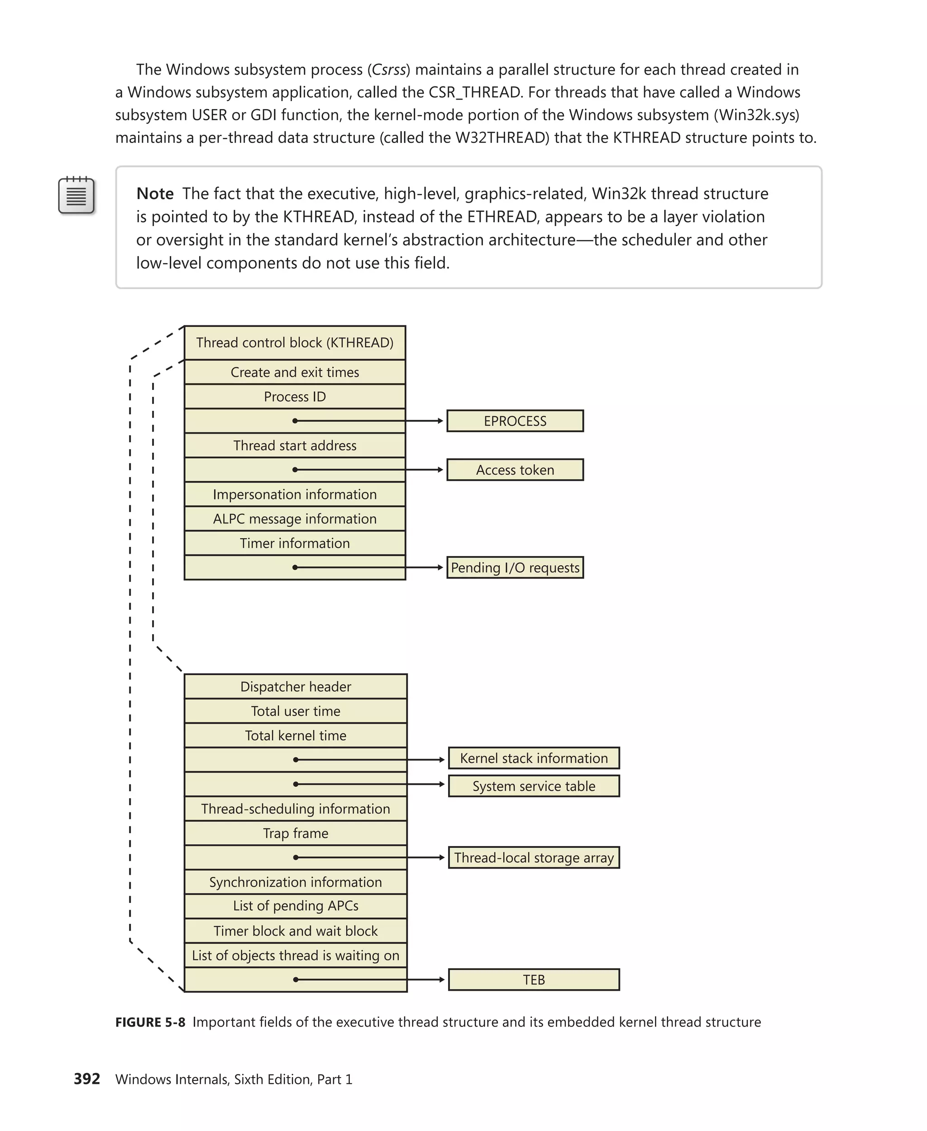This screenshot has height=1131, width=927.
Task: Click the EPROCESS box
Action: (x=514, y=421)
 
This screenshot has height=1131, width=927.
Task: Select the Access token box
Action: (x=514, y=470)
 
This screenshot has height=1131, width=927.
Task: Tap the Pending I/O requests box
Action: (x=514, y=567)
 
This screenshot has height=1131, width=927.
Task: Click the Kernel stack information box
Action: (x=534, y=758)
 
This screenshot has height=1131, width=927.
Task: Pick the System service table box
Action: (x=534, y=786)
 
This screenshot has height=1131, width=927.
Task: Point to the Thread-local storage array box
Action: (x=534, y=857)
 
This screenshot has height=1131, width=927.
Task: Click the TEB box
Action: (x=534, y=979)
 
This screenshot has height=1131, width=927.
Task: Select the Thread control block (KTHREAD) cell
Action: (x=295, y=342)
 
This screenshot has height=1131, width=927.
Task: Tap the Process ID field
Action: (x=295, y=397)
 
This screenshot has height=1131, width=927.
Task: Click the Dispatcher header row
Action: (x=295, y=686)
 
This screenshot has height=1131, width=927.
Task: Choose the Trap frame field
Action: (x=295, y=833)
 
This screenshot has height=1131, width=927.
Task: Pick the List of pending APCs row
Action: (x=295, y=906)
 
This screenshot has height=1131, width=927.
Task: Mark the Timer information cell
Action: (x=295, y=543)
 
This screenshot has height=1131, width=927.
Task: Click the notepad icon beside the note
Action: (x=76, y=195)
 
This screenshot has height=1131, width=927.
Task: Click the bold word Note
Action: (x=155, y=194)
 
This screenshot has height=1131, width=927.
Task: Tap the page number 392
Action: (x=87, y=1079)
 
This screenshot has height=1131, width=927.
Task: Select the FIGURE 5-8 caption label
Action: (x=150, y=1022)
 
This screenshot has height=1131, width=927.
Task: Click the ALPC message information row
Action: (x=295, y=519)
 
